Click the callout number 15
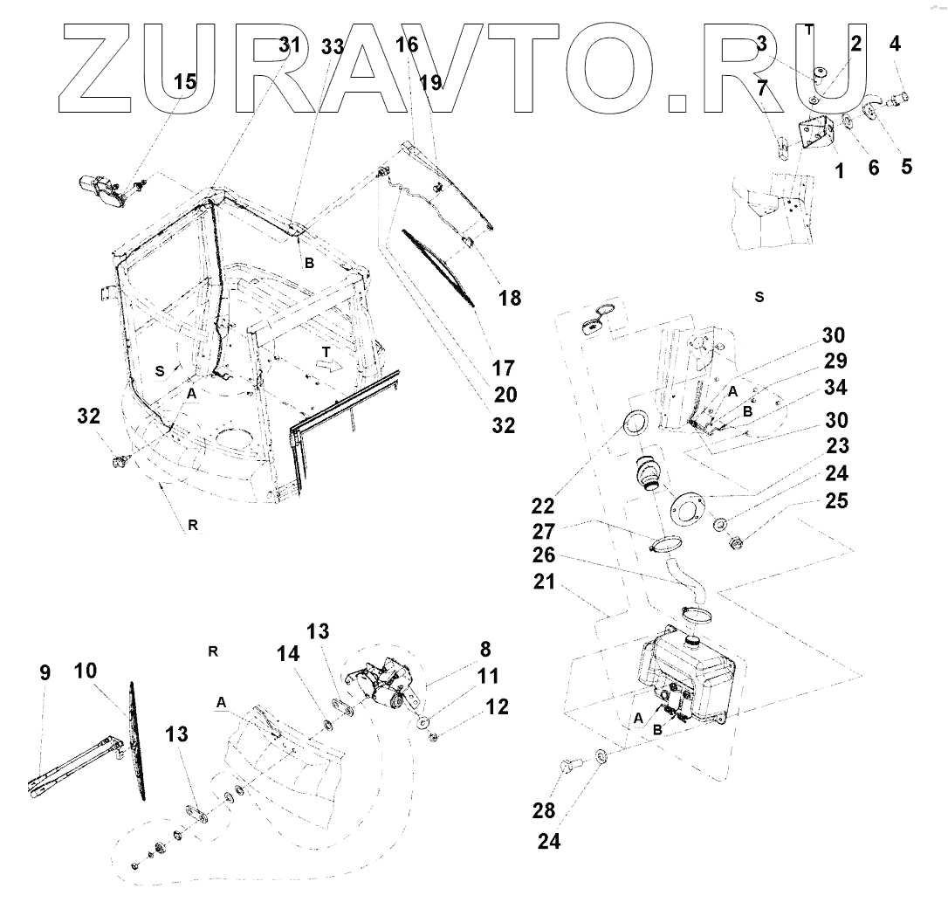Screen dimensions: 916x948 [x=185, y=82]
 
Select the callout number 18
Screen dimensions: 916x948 [x=510, y=298]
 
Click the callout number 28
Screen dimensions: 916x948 [x=544, y=811]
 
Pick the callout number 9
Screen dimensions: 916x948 [x=45, y=672]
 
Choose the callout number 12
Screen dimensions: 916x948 [x=497, y=706]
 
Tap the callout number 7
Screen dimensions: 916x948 [x=762, y=88]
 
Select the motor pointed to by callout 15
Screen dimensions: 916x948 [x=103, y=189]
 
